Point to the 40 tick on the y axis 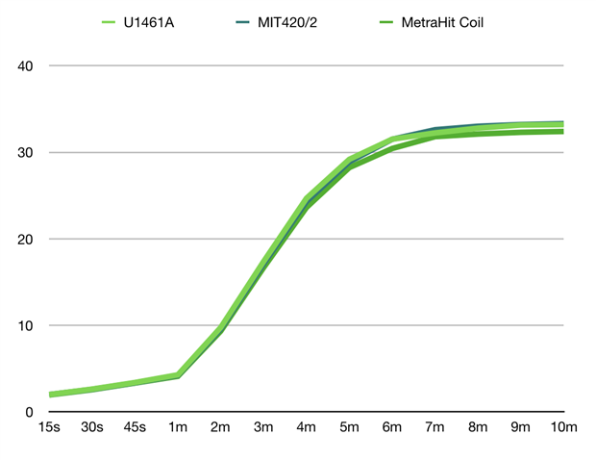pos(26,65)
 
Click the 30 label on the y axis pos(26,152)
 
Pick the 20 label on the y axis pos(26,239)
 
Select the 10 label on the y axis pos(26,325)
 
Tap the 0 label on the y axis pos(30,412)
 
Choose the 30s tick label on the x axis pos(92,427)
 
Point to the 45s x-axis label pos(135,427)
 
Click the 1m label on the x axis pos(178,427)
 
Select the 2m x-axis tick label pos(221,427)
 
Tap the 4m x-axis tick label pos(307,427)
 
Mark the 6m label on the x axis pos(392,427)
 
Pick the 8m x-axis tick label pos(478,427)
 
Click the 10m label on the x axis pos(564,427)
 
